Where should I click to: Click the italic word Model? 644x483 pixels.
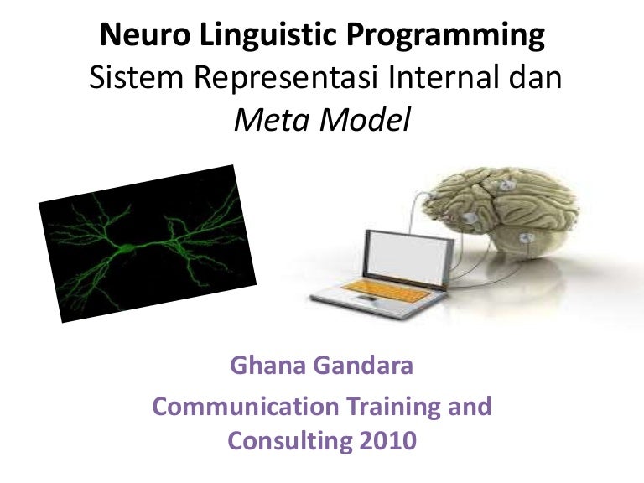pos(367,122)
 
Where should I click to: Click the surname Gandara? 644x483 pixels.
pos(366,366)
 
